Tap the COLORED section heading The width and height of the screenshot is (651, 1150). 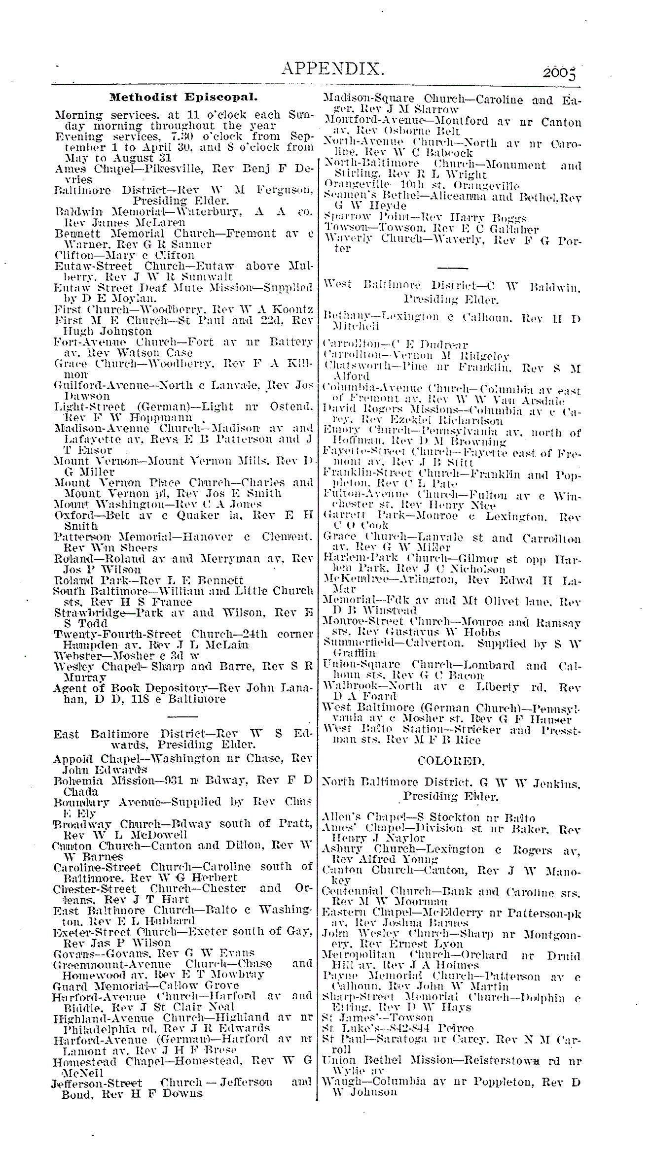click(x=450, y=761)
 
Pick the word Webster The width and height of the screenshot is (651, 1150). click(x=75, y=656)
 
